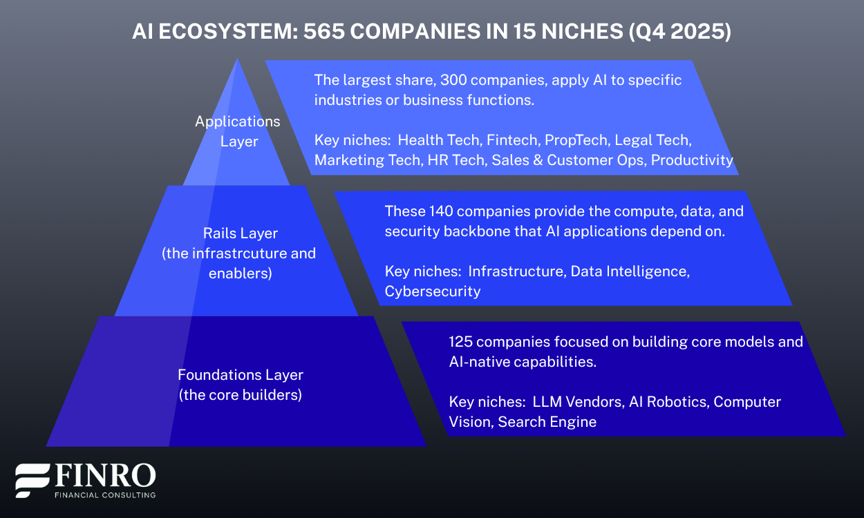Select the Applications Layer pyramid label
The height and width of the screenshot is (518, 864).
tap(238, 131)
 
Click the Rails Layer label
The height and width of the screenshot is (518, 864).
tap(241, 233)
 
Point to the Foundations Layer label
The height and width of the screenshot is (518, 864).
tap(241, 375)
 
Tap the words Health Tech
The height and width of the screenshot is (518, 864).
tap(438, 140)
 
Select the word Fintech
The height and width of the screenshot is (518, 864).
tap(511, 140)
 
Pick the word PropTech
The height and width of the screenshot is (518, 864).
tap(573, 140)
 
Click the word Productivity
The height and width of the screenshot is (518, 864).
tap(692, 160)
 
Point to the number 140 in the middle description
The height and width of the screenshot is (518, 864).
tap(441, 211)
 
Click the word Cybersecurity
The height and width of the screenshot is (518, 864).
tap(433, 291)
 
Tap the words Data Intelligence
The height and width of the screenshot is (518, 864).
tap(629, 271)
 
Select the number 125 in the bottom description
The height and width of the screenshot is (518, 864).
tap(462, 341)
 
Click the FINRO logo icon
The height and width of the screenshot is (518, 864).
tap(32, 481)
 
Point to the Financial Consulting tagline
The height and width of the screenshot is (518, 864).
tap(105, 495)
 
